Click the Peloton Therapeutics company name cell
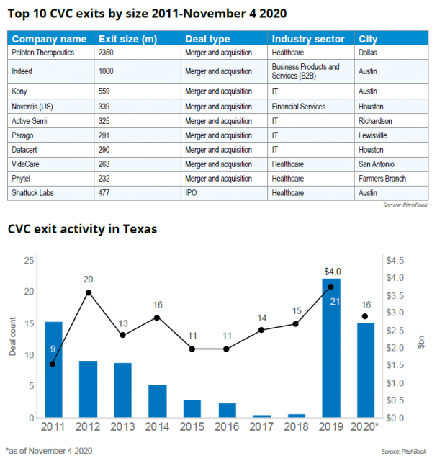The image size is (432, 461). (42, 52)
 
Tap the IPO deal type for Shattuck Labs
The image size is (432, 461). (192, 192)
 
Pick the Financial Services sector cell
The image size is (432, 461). (299, 106)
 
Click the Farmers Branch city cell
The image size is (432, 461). (382, 178)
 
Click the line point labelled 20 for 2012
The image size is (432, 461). (89, 292)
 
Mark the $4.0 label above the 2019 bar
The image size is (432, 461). (331, 271)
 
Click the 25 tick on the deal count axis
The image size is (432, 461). (28, 260)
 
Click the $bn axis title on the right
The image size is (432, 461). (421, 339)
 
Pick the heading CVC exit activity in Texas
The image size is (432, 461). (82, 229)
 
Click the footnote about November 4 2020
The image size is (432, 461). (49, 450)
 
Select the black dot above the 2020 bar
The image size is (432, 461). (366, 316)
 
